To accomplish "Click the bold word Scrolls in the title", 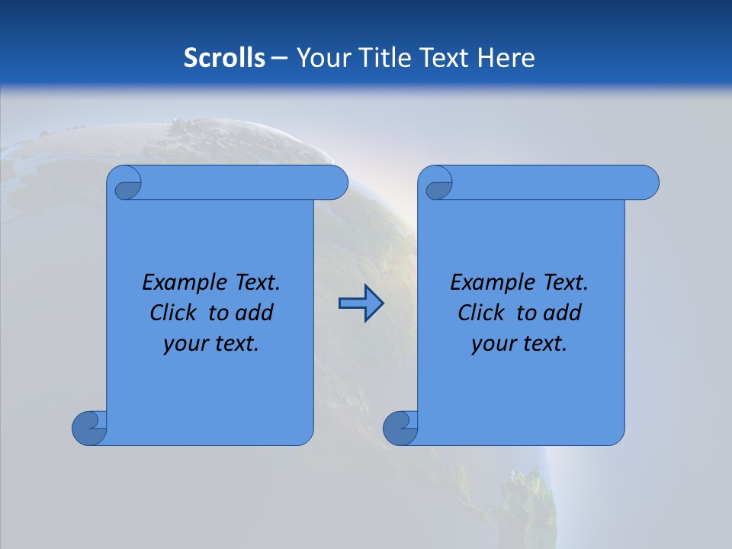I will coord(224,57).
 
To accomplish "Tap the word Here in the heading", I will coord(506,57).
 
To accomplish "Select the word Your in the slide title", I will coord(321,57).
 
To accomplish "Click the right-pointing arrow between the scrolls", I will coord(361,303).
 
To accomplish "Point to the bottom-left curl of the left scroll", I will coord(89,428).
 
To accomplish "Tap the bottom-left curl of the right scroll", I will coord(400,428).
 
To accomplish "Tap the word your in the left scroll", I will coord(185,344).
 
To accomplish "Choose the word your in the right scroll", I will coord(493,344).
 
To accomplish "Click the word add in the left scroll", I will coord(254,313).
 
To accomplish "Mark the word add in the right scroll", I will coord(562,313).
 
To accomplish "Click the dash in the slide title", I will coord(279,58).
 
